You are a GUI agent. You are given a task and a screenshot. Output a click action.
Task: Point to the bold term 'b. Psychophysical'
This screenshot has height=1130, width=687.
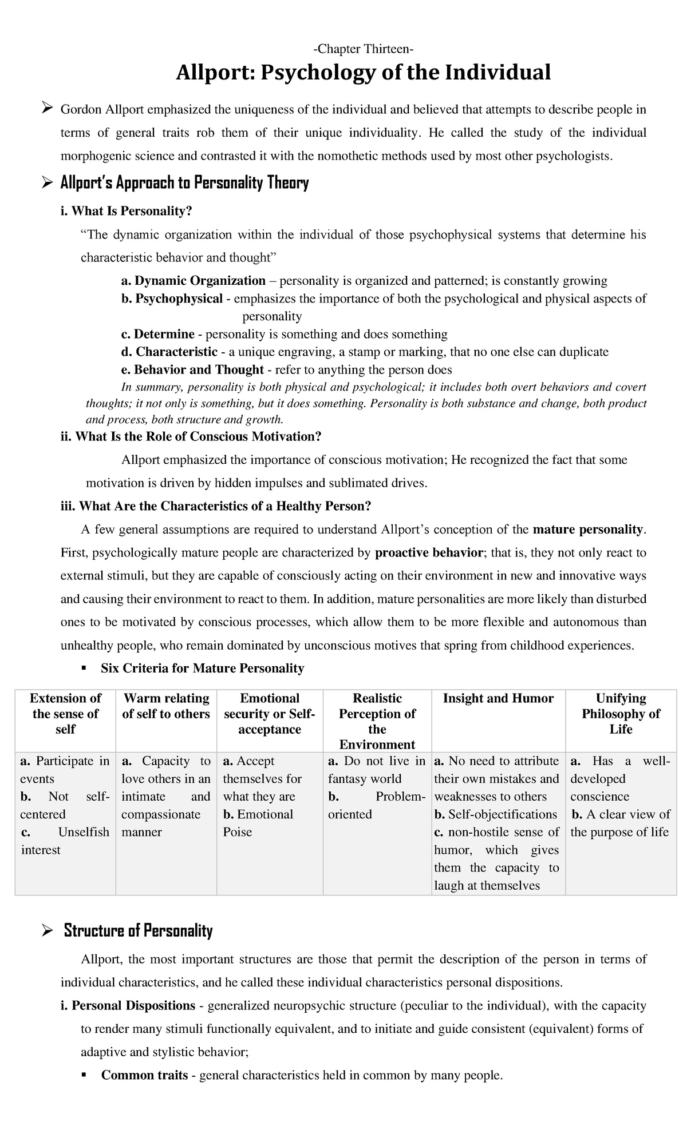pos(172,299)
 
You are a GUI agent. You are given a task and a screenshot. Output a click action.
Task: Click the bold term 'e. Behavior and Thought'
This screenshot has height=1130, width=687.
pos(193,369)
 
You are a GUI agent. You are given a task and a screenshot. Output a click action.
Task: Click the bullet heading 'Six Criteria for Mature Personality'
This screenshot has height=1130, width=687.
pos(202,668)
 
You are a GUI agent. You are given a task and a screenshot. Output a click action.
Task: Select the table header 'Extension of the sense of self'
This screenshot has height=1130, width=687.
pos(65,714)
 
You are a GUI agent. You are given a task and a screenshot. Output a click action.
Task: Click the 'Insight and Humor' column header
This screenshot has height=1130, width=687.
pos(498,698)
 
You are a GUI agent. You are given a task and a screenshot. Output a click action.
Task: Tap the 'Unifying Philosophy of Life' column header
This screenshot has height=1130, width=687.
pos(621,714)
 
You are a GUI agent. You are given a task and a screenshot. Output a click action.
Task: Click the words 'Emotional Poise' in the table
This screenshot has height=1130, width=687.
pos(258,823)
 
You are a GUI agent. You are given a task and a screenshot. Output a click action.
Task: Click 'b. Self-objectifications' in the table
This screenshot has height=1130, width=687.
pos(495,814)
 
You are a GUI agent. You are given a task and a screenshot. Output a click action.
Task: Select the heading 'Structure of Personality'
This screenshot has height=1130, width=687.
pos(138,931)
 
